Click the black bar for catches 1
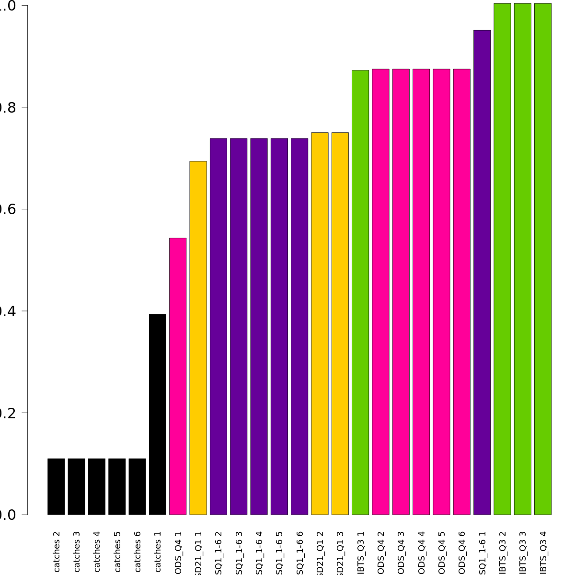pyautogui.click(x=158, y=414)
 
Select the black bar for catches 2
pyautogui.click(x=56, y=486)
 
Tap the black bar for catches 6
pyautogui.click(x=138, y=486)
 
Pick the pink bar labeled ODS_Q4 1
pyautogui.click(x=178, y=376)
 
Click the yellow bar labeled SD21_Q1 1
pyautogui.click(x=198, y=338)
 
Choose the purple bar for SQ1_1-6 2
pyautogui.click(x=218, y=326)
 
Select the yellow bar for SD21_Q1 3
pyautogui.click(x=340, y=323)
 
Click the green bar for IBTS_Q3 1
pyautogui.click(x=360, y=292)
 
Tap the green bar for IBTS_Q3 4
pyautogui.click(x=543, y=259)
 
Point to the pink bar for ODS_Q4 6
pyautogui.click(x=462, y=292)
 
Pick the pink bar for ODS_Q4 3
pyautogui.click(x=401, y=292)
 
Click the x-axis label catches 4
pyautogui.click(x=97, y=552)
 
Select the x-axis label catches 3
pyautogui.click(x=77, y=552)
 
